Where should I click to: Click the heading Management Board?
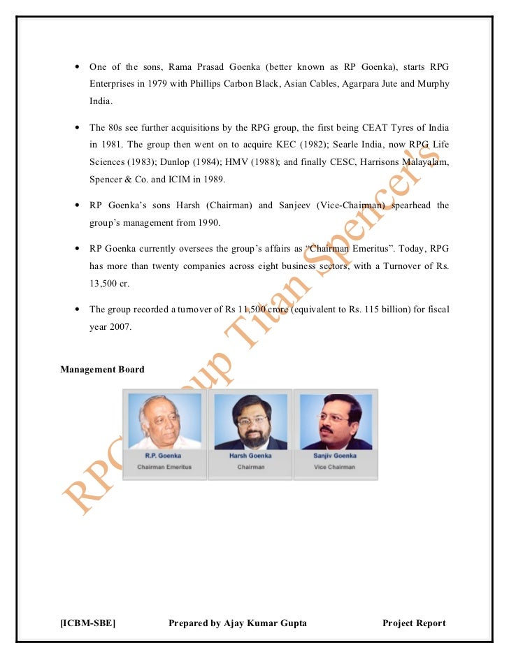click(102, 369)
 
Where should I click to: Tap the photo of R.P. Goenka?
click(165, 421)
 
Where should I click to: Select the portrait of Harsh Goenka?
click(250, 421)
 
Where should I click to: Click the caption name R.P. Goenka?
click(164, 456)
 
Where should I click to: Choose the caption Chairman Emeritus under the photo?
click(164, 467)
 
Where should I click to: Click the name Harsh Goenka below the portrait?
click(250, 456)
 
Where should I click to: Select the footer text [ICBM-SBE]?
click(88, 623)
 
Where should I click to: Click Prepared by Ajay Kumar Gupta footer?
click(238, 623)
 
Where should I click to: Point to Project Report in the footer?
click(414, 623)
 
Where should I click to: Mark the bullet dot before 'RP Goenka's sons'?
click(76, 206)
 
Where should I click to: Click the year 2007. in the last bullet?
click(120, 326)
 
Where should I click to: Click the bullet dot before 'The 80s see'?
click(76, 129)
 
